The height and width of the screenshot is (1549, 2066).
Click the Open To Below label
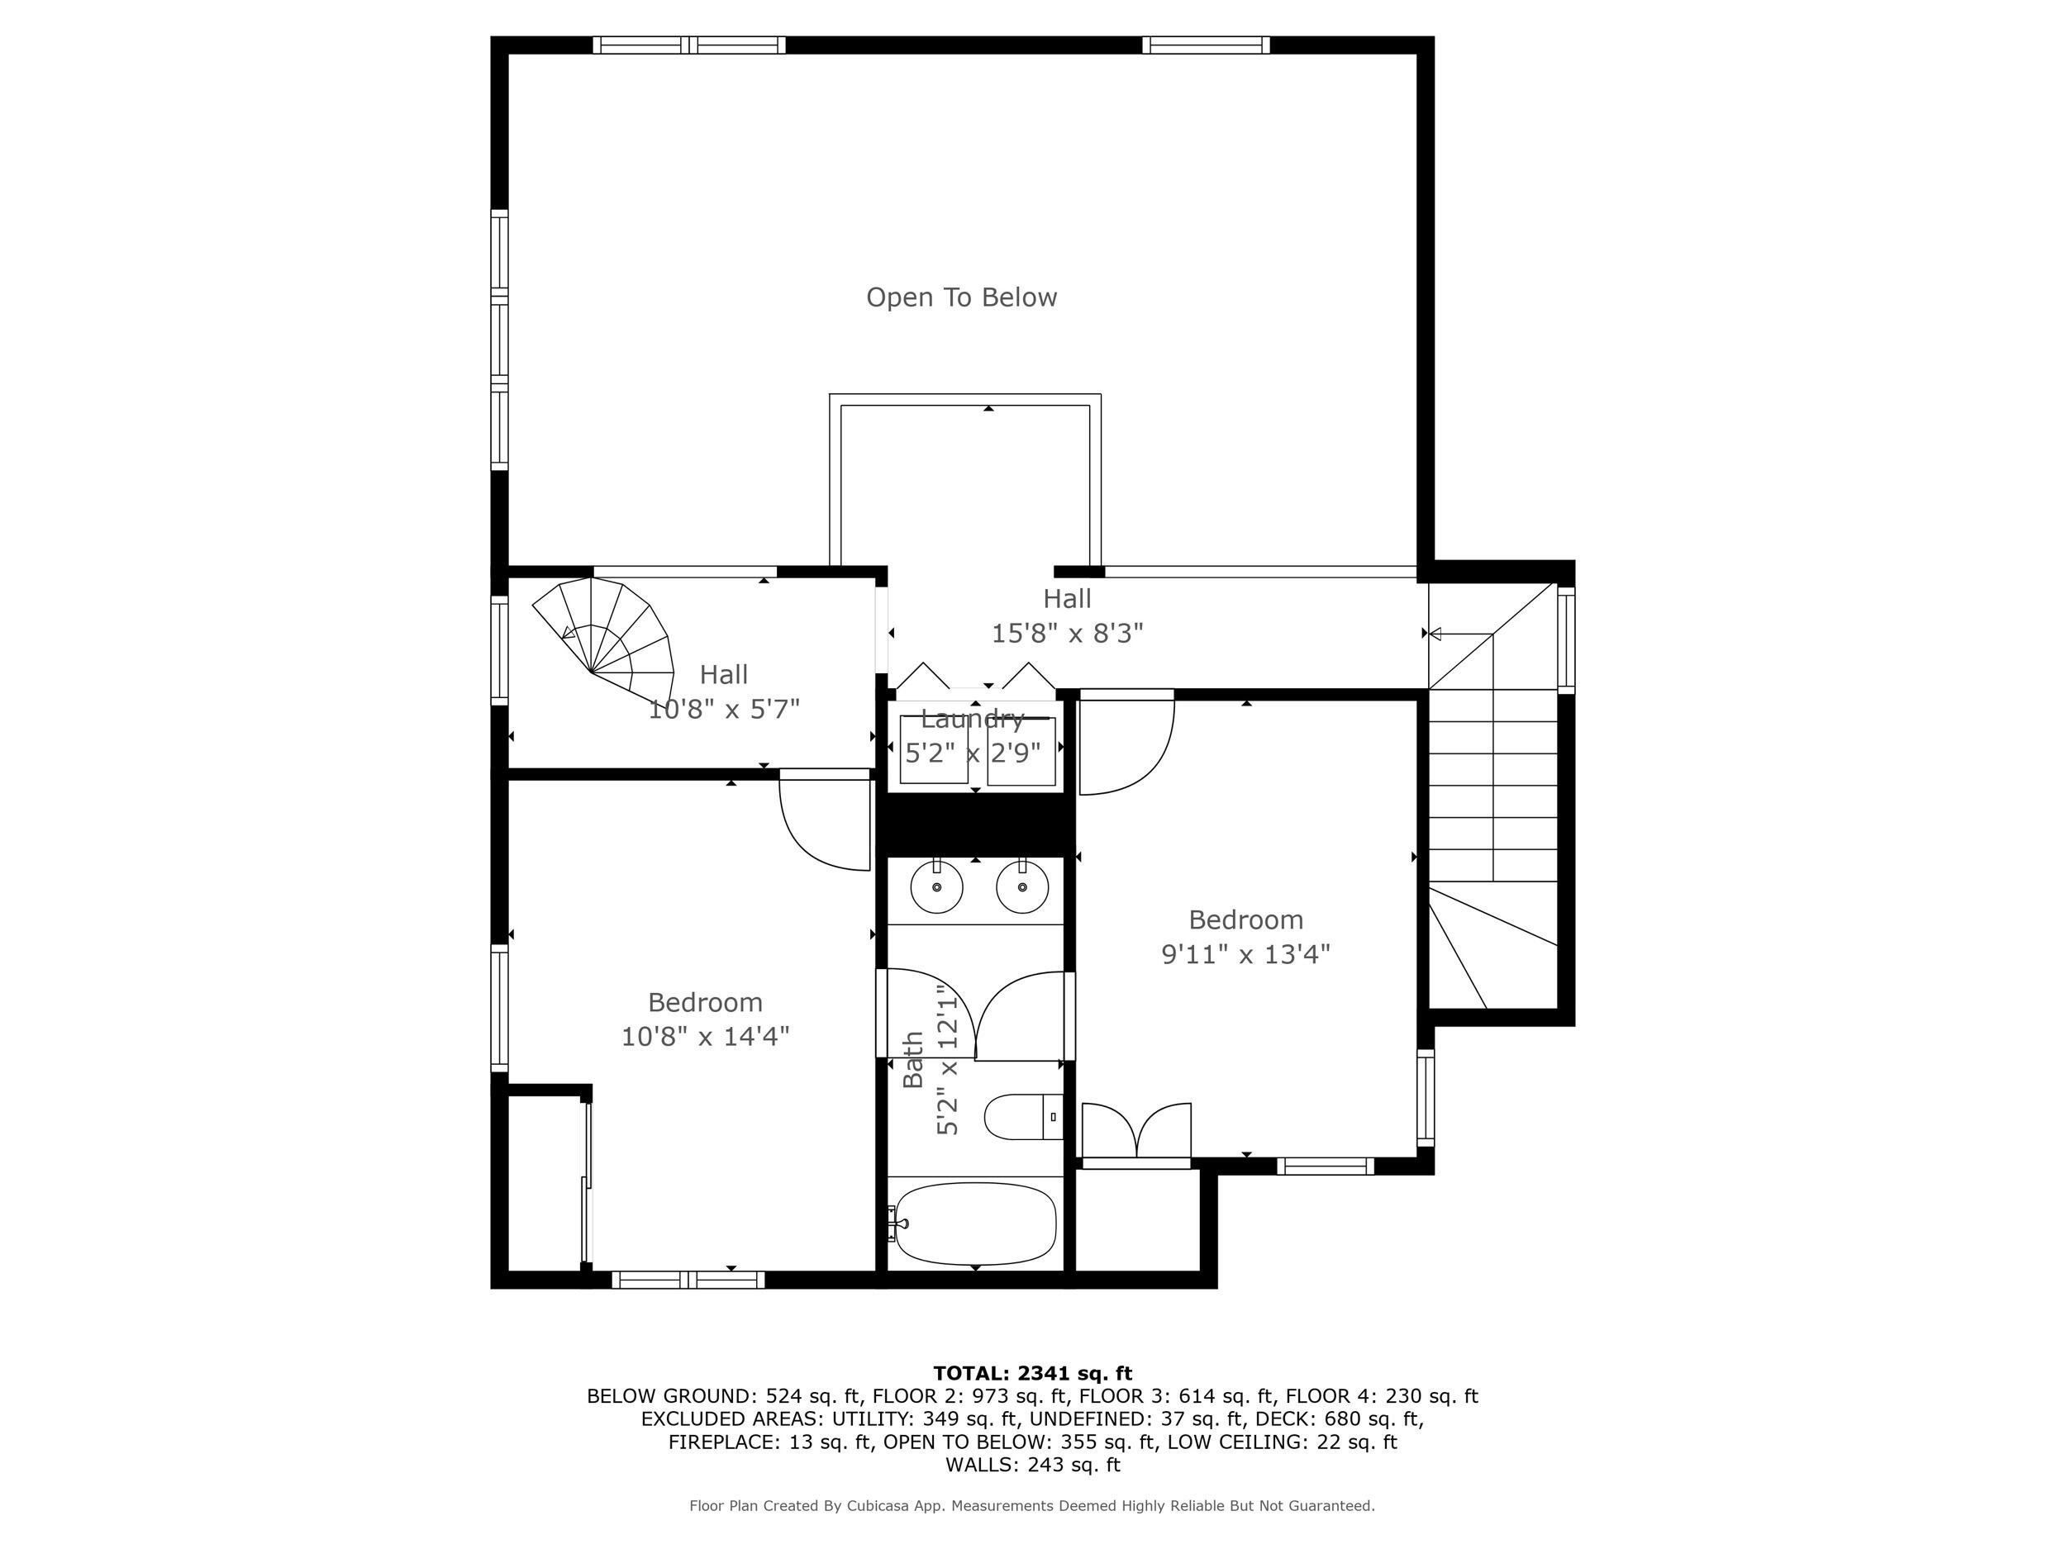[x=961, y=297]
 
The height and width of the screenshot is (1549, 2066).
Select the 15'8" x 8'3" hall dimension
[x=1067, y=634]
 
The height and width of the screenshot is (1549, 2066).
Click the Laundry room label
[x=973, y=719]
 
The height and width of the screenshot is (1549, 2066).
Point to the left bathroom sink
[x=935, y=886]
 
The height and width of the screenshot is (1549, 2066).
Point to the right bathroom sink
[x=1021, y=886]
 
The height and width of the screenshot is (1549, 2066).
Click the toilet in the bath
[x=1023, y=1117]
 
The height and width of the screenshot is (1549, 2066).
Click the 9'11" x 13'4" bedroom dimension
[x=1245, y=954]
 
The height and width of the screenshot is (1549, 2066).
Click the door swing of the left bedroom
[x=822, y=826]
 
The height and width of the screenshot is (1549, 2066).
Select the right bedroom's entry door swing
[x=1126, y=747]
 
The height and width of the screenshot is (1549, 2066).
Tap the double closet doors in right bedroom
[x=1135, y=1132]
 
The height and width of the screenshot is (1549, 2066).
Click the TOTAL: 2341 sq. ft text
[x=1032, y=1374]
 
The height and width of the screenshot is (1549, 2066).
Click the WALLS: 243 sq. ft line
[x=1032, y=1465]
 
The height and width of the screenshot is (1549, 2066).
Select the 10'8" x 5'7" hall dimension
[x=724, y=710]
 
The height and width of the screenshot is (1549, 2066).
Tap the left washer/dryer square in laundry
[x=933, y=750]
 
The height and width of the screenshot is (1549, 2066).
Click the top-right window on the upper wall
[x=1205, y=45]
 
